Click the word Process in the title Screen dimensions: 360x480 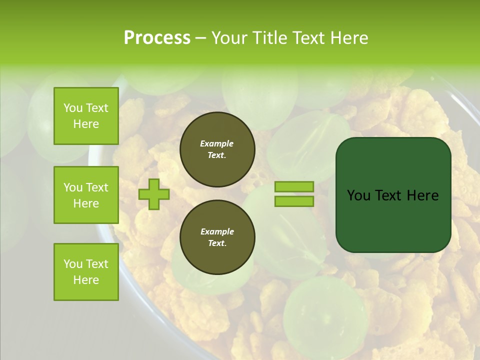(157, 38)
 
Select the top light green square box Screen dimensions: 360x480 (86, 116)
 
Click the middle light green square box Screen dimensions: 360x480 (86, 195)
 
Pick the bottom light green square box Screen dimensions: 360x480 (86, 272)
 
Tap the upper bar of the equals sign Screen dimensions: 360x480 (294, 187)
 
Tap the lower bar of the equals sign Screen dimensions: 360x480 (294, 201)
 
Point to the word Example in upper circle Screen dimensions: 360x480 (217, 143)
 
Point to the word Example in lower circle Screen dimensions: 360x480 (217, 231)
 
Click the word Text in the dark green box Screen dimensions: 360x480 (388, 195)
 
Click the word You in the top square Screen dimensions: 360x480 (72, 108)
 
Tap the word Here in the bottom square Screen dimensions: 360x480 (86, 280)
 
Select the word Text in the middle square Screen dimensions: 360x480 (96, 187)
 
